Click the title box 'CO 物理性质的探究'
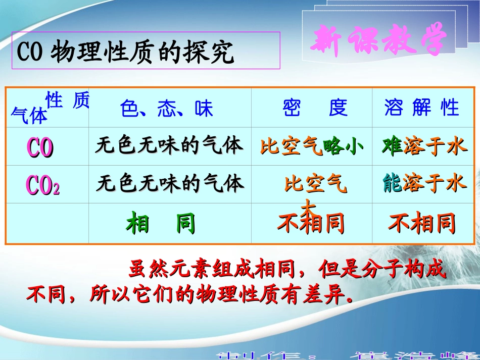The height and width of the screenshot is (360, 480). coord(146,51)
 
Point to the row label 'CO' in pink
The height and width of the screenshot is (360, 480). coord(40,147)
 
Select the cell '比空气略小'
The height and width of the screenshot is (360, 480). coord(312,147)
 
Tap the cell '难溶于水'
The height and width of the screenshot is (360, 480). coord(424,146)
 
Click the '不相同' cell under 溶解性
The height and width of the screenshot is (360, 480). coord(422,223)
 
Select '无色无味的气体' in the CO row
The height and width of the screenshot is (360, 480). coord(169,146)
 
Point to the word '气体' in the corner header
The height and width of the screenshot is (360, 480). coord(29,117)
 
